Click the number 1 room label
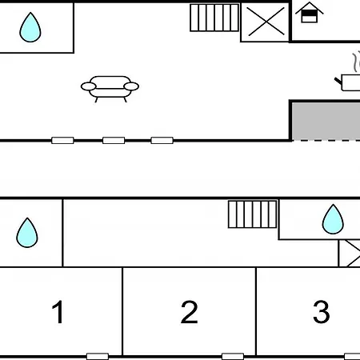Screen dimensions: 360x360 tap(58, 311)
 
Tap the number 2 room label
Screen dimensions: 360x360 tap(190, 312)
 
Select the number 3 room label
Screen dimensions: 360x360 tap(322, 312)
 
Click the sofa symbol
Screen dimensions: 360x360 tap(110, 89)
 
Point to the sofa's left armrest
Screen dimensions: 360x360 tap(89, 86)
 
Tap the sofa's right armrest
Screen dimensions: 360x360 tap(131, 86)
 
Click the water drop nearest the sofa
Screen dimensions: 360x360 tap(30, 28)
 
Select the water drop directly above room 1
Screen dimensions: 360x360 tap(27, 233)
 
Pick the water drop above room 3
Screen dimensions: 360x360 tap(333, 219)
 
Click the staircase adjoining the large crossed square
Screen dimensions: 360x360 tap(214, 18)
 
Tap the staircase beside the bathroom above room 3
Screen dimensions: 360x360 tap(253, 214)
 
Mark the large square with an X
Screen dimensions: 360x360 tap(265, 22)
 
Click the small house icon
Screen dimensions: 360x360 tap(310, 12)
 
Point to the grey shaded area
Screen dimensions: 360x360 tap(326, 121)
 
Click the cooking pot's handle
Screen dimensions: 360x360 tap(338, 81)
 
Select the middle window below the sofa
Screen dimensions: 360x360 tap(114, 140)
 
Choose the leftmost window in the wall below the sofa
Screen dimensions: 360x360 tap(62, 140)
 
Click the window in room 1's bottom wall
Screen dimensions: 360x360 tap(98, 356)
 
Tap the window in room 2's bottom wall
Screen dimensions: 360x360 tap(233, 356)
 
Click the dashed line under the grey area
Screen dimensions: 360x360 tap(326, 140)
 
